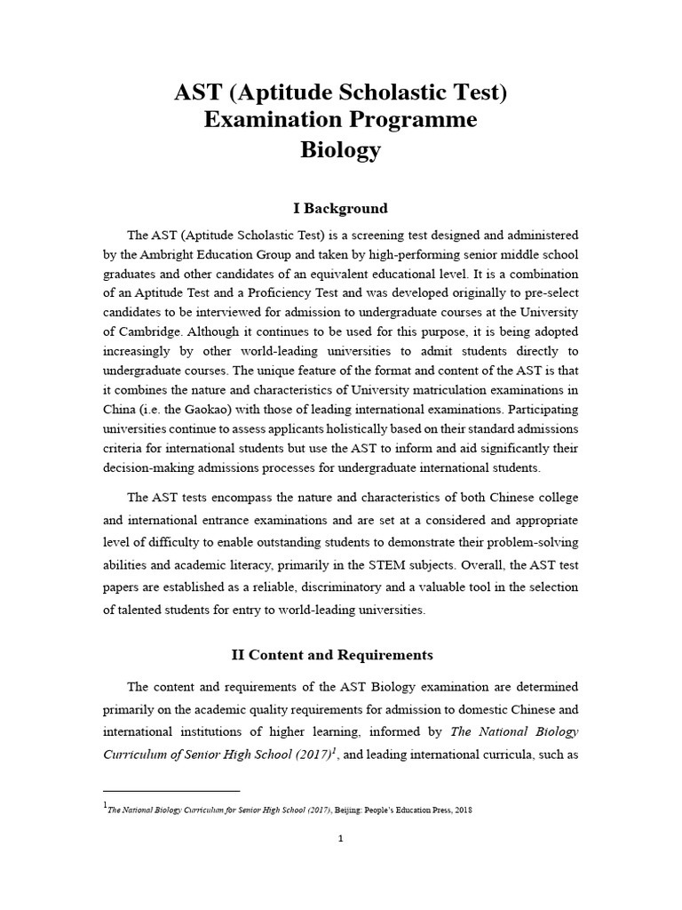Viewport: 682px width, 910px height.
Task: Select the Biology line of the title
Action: tap(341, 149)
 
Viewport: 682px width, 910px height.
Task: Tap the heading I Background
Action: tap(341, 208)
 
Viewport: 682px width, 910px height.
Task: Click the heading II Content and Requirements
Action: tap(332, 655)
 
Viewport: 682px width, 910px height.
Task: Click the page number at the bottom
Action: tap(341, 838)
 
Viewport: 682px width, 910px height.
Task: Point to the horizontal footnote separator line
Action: tap(171, 790)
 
